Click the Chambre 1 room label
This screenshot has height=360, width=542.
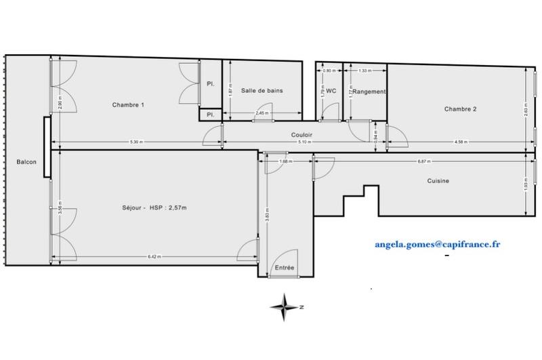point(128,104)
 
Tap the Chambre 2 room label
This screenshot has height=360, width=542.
point(461,108)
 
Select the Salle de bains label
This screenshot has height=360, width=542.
point(262,91)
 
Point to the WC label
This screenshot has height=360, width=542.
point(331,91)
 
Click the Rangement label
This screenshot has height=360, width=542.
point(369,92)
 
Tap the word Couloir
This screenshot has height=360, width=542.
point(301,134)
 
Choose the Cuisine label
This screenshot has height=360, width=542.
point(438,180)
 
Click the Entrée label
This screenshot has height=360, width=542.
point(285,268)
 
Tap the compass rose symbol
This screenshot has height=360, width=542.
point(285,306)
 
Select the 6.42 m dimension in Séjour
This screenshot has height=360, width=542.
point(154,256)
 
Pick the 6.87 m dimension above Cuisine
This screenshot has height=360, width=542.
point(425,161)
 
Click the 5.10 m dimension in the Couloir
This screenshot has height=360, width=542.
point(306,142)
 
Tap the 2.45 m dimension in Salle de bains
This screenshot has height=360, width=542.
point(262,113)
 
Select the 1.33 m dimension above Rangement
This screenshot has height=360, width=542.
point(364,71)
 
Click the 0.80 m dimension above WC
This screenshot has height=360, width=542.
point(329,71)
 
